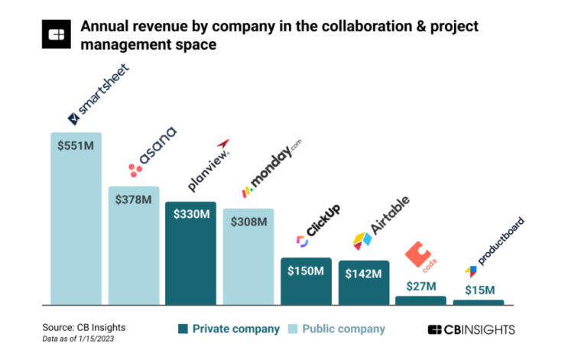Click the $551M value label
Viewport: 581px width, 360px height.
click(x=76, y=145)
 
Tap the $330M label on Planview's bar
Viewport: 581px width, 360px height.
click(x=190, y=215)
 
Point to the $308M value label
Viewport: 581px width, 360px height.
click(x=248, y=222)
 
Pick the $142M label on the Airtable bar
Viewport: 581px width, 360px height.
click(x=363, y=273)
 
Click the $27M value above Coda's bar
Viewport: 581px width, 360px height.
click(x=420, y=286)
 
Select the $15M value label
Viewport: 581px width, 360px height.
click(x=479, y=290)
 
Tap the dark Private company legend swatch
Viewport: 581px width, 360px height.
click(x=183, y=329)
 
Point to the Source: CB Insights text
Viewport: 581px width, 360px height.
click(x=83, y=327)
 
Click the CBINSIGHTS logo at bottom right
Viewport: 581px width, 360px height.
click(x=471, y=329)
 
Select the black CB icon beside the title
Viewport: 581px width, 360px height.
click(x=57, y=34)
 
